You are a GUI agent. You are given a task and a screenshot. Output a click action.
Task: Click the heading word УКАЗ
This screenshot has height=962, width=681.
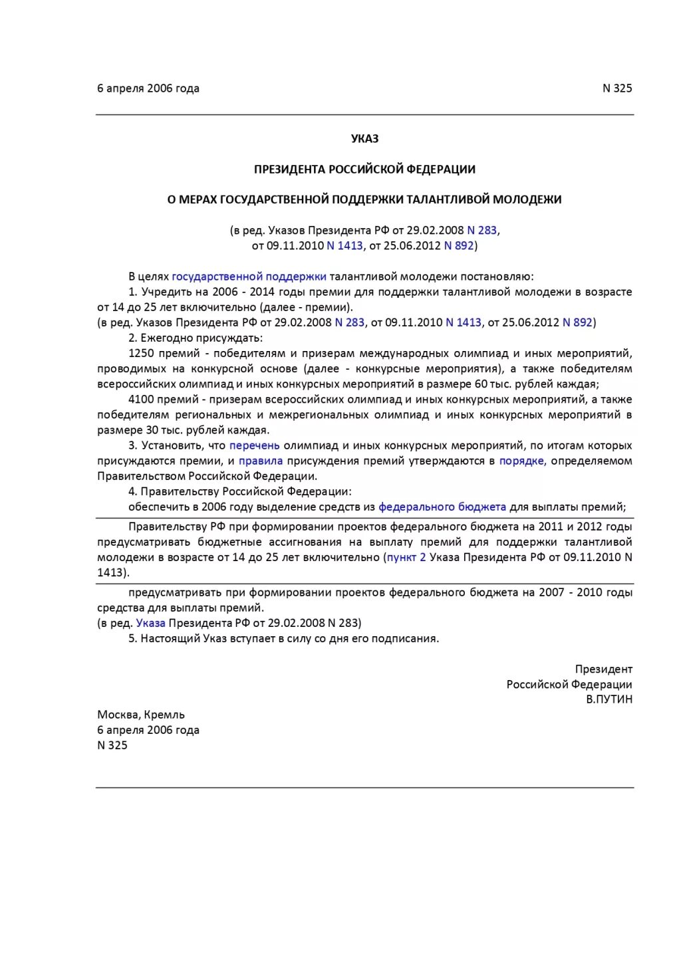[x=364, y=139]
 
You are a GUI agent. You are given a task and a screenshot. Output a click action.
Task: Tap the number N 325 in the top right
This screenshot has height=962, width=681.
[x=616, y=88]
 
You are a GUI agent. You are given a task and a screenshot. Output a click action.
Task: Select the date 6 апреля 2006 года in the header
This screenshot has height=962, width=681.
[x=148, y=88]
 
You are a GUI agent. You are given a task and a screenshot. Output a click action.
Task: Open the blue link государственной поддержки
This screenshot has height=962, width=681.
[x=249, y=277]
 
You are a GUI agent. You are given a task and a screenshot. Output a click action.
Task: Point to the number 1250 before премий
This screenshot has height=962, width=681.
[x=142, y=354]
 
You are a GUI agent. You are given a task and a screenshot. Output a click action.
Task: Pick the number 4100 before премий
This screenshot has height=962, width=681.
[x=142, y=400]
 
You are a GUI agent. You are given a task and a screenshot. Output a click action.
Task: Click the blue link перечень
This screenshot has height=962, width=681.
[x=254, y=445]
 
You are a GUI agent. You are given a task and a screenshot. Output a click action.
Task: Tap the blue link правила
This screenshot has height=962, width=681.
[x=261, y=461]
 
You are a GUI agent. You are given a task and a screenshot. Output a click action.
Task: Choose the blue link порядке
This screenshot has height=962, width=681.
[x=522, y=461]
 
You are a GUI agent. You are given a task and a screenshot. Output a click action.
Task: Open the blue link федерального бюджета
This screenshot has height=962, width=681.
[x=442, y=507]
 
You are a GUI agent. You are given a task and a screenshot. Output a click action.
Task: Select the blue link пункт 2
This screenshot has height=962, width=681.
[x=406, y=557]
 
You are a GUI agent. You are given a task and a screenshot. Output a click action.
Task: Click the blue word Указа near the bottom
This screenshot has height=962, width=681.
[x=150, y=623]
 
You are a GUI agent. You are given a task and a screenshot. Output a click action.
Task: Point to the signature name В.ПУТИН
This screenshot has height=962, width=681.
[x=609, y=699]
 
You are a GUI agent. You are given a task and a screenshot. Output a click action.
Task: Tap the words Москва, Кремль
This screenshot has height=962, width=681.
[x=141, y=715]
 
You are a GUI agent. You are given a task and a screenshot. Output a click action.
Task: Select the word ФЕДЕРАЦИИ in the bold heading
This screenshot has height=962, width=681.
[x=441, y=170]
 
